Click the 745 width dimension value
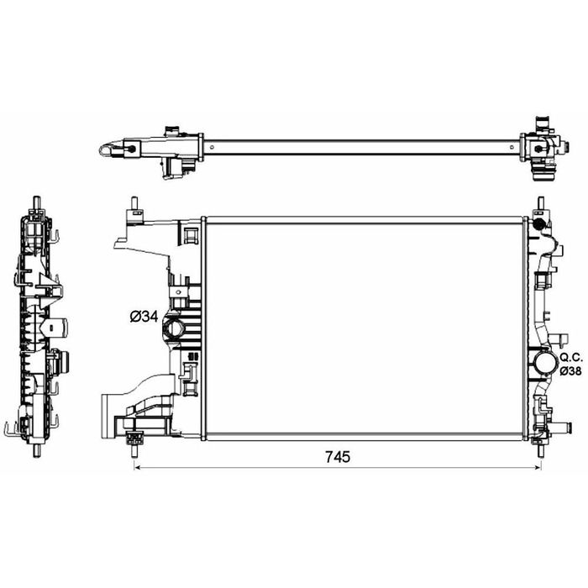click(338, 457)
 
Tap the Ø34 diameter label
click(144, 317)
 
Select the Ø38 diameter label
click(570, 371)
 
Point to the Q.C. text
click(570, 357)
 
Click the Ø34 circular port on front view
click(174, 329)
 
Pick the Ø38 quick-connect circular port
click(546, 363)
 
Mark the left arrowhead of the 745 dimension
click(137, 467)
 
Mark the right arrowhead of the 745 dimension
click(538, 467)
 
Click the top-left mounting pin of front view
click(134, 204)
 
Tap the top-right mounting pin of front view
click(540, 204)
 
